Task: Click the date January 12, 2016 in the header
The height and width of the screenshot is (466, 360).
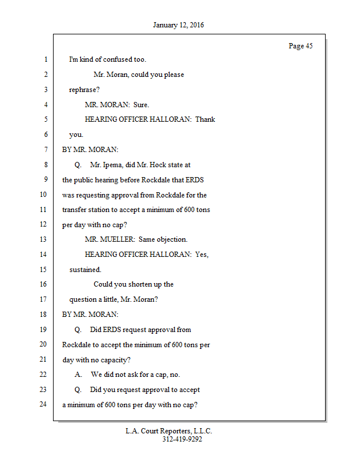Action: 178,26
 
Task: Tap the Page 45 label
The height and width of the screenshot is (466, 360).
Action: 301,46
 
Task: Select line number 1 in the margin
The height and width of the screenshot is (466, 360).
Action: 45,59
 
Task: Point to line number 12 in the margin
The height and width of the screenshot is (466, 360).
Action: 43,225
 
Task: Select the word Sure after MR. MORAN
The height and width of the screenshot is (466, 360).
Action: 141,105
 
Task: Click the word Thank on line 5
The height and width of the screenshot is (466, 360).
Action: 205,119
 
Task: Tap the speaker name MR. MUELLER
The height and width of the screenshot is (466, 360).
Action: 110,239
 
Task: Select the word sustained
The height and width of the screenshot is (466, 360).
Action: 85,270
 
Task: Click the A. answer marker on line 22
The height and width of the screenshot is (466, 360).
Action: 78,375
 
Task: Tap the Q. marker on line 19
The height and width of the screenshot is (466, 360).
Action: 78,330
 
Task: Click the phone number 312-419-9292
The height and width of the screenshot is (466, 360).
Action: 182,440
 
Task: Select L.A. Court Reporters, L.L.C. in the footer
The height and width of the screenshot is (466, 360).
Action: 169,432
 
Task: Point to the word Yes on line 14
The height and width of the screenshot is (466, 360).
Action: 202,255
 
